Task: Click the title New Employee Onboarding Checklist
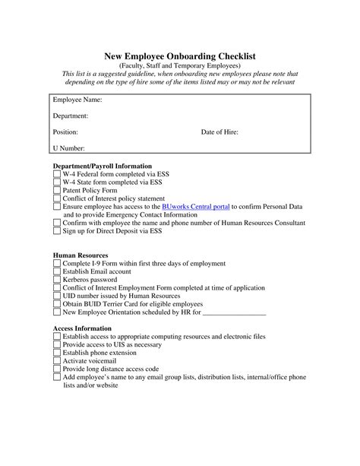pos(179,55)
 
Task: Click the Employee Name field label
pos(77,100)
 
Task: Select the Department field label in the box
pos(71,116)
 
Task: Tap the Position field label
pos(65,132)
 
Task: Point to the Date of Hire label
pos(219,132)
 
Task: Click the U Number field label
pos(68,148)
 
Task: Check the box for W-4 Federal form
pos(57,173)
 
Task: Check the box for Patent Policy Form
pos(57,190)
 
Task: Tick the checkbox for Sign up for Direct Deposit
pos(57,231)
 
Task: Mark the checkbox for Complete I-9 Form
pos(57,264)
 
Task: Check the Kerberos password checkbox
pos(57,280)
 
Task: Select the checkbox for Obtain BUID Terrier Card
pos(57,304)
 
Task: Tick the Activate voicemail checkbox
pos(57,361)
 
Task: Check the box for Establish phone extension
pos(57,353)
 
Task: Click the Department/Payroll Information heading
pos(102,165)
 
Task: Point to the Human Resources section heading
pos(80,255)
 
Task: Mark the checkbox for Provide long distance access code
pos(57,369)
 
